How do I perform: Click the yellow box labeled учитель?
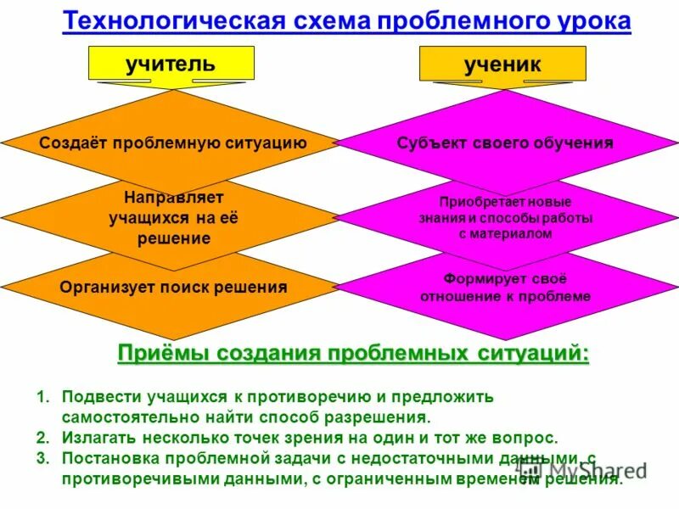point(171,63)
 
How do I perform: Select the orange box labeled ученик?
point(502,64)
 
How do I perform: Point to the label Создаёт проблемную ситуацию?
point(173,143)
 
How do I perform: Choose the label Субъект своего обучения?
point(505,143)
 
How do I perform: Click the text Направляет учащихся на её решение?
point(173,218)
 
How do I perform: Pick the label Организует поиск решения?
point(173,287)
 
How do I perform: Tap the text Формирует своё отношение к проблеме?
point(505,288)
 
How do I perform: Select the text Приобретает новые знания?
point(505,210)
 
